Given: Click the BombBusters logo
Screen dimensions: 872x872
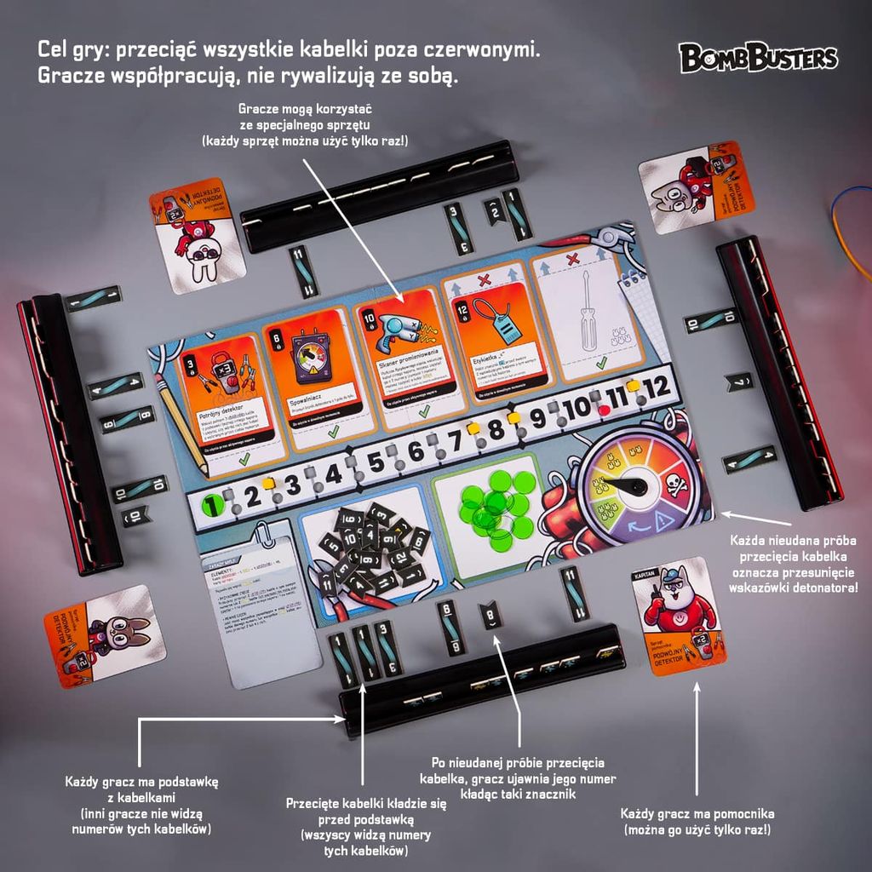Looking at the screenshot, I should [758, 58].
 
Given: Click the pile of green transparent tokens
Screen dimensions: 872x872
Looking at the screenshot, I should [496, 505].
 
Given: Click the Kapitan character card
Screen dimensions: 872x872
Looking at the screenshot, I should [680, 614].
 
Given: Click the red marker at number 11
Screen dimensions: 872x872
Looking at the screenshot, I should [603, 410].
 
